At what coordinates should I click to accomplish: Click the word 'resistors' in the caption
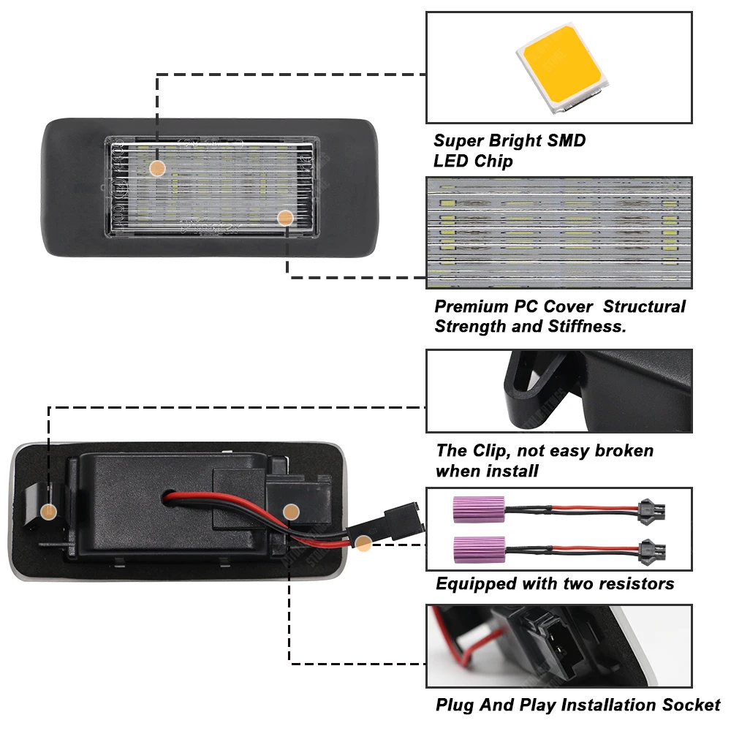click(636, 583)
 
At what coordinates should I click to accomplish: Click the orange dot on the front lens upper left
click(156, 168)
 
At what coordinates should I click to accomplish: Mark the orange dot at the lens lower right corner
click(286, 217)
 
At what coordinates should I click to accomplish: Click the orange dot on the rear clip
click(49, 511)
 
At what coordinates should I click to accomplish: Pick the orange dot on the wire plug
click(363, 542)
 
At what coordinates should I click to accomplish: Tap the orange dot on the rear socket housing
click(291, 511)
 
